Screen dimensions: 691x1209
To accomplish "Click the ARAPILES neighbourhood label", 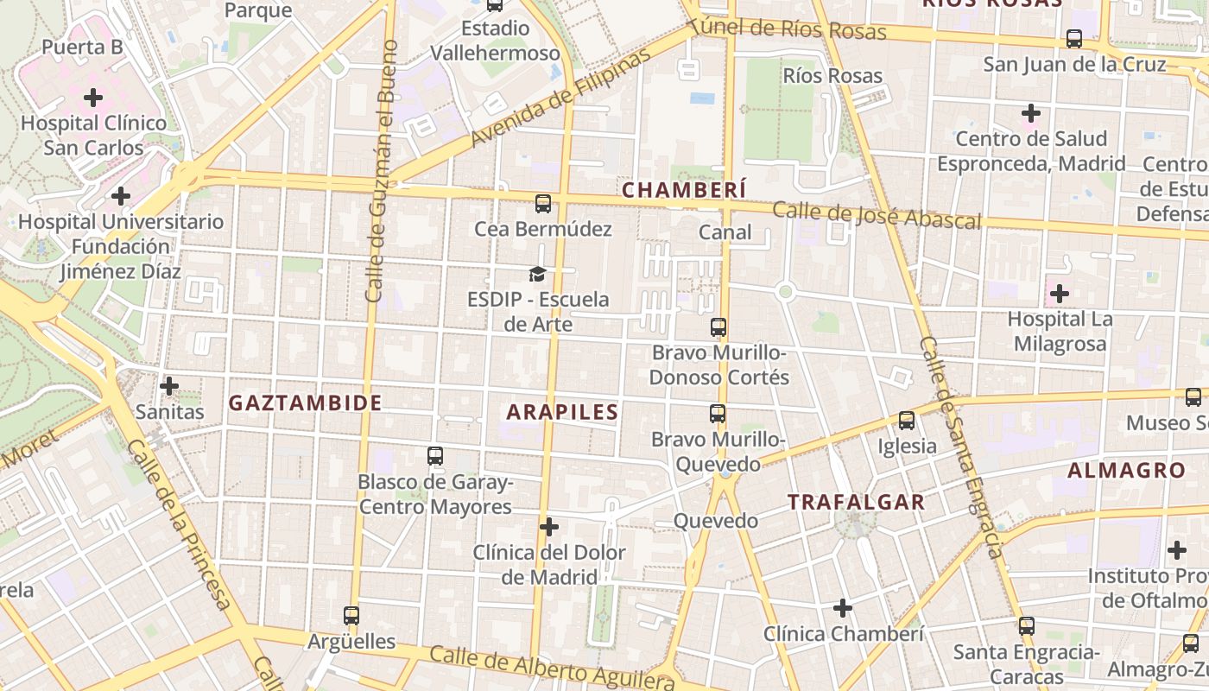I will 562,412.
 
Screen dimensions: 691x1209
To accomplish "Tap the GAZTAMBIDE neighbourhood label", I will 305,403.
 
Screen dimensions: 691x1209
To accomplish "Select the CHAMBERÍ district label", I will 683,190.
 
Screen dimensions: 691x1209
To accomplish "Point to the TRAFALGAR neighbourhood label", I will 856,502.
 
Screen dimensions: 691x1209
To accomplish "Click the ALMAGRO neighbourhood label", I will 1126,471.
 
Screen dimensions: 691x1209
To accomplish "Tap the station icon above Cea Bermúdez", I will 542,204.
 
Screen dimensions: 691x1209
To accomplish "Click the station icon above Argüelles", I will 351,616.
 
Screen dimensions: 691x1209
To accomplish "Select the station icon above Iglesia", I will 906,421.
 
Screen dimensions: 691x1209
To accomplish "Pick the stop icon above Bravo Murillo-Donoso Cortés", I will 718,327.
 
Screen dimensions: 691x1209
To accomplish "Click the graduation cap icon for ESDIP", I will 538,275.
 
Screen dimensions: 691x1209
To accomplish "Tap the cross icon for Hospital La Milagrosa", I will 1059,294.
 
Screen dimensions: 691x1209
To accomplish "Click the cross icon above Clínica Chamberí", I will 842,608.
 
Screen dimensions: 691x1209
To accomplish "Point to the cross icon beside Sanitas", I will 169,385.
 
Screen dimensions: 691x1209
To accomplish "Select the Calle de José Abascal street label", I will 877,215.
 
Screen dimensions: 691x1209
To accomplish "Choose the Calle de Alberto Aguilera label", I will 551,667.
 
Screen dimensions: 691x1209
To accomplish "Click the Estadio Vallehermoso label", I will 495,41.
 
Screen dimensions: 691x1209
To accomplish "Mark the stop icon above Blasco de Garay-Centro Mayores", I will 435,455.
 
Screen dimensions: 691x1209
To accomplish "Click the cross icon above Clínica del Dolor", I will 548,526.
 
